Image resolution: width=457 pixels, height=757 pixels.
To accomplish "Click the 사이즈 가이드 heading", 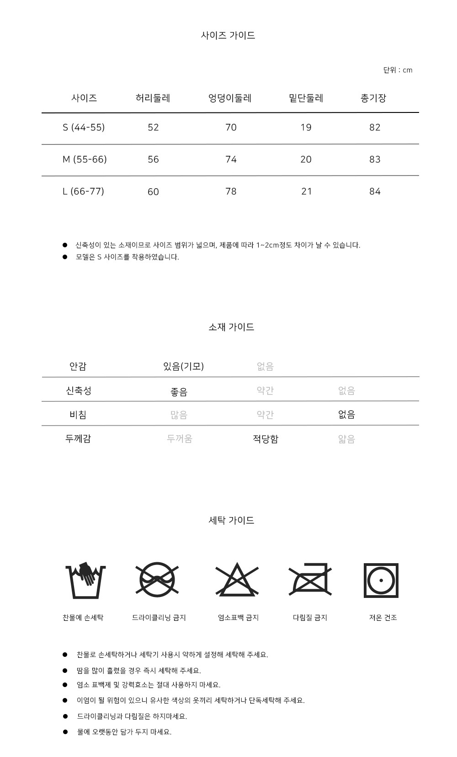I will pos(228,35).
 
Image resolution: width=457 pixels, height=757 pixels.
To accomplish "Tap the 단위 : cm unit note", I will pos(398,70).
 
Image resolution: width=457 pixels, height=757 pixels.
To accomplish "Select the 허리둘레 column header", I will pos(153,98).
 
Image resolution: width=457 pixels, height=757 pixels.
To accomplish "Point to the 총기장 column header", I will pos(373,98).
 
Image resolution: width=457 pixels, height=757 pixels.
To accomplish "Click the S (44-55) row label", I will pos(84,127).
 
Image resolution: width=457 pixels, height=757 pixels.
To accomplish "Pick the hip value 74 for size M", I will pos(231,159).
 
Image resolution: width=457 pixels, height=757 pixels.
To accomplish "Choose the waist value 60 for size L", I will pos(153,192).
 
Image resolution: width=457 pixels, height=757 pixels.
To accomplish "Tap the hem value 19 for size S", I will pos(306,127).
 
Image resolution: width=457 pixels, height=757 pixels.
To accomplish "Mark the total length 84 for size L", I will pos(375,191).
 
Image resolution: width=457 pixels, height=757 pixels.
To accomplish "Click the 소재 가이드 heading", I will pos(231,327).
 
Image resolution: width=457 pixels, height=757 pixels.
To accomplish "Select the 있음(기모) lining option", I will pos(183,366).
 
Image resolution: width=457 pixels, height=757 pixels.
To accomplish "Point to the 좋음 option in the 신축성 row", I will pos(179,392).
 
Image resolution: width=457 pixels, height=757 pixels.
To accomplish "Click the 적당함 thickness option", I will pos(266,439).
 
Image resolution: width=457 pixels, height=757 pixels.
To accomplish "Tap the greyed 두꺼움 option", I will pos(179,439).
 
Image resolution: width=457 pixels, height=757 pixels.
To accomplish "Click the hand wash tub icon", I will pos(85,580).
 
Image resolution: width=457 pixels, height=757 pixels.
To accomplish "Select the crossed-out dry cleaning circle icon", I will pos(157,580).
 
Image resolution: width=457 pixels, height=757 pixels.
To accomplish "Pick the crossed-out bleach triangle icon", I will pos(237,580).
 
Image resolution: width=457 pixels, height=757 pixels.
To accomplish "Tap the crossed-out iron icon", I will pos(310,580).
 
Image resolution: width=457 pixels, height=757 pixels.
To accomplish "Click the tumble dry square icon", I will pos(381,581).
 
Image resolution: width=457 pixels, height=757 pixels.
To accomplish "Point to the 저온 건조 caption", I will pos(383,618).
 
